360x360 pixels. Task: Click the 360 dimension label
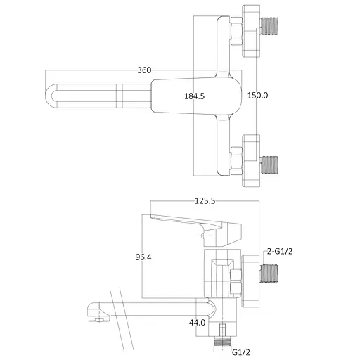point(144,70)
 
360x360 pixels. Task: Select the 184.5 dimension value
point(194,96)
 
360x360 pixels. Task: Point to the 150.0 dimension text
point(257,96)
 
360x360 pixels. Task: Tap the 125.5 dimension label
point(205,201)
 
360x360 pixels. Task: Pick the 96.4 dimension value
point(143,257)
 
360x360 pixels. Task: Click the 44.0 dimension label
point(197,323)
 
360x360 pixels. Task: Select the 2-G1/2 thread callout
point(280,252)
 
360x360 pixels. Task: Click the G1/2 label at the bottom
point(241,352)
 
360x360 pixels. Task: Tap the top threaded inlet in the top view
point(269,26)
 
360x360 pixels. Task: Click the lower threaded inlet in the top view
point(269,165)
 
